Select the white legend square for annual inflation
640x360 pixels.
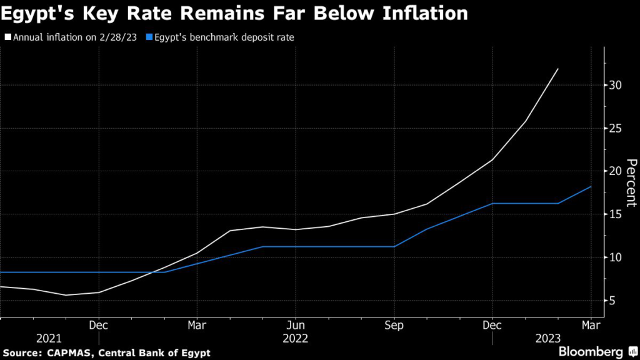[x=7, y=37]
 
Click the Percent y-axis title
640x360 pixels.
[x=631, y=182]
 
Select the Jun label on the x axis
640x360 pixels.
[x=296, y=325]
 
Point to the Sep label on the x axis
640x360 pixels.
[x=394, y=325]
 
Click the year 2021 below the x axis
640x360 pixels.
[x=49, y=338]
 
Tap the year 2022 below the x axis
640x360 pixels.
[x=296, y=338]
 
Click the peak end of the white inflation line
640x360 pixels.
[x=557, y=69]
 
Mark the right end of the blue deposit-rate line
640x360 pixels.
[x=591, y=186]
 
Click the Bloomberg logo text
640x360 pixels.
[x=589, y=352]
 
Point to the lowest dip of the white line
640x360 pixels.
[x=66, y=295]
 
